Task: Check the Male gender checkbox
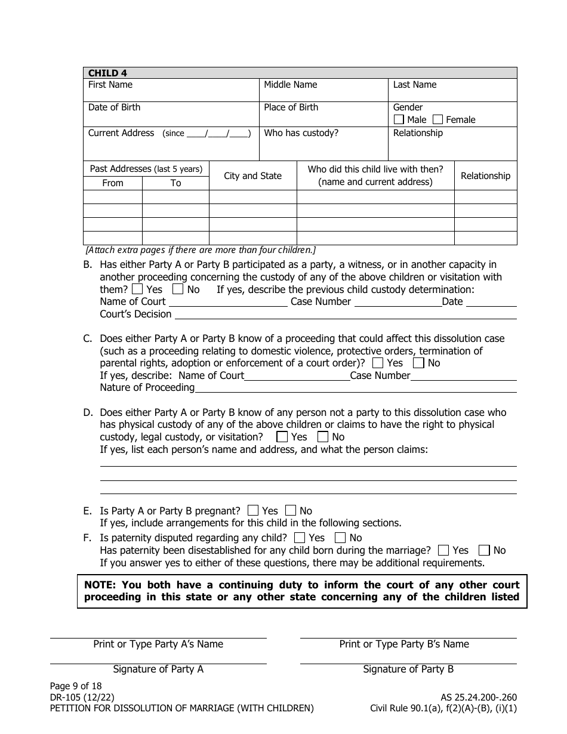point(399,119)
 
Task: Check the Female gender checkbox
point(438,119)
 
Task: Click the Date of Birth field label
point(115,107)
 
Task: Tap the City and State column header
point(252,176)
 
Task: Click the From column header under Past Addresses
point(113,183)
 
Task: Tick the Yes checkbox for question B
point(137,289)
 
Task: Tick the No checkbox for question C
point(419,363)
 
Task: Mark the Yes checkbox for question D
point(282,437)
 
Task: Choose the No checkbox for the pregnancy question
point(291,511)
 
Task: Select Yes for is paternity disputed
point(300,538)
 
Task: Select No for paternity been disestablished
point(485,550)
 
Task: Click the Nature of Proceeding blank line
point(355,388)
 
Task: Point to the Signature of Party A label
point(158,669)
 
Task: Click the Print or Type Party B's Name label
point(404,644)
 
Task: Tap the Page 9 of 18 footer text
point(76,686)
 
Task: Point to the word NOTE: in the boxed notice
point(102,585)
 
